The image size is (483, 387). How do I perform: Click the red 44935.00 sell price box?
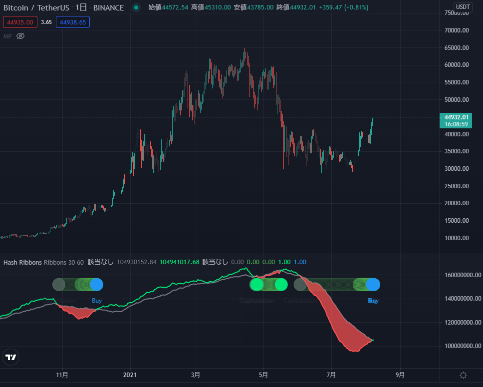(19, 22)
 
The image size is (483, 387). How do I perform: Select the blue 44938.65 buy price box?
(72, 22)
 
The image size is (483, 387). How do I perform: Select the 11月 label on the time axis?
(62, 375)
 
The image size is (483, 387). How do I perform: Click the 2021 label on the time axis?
(130, 375)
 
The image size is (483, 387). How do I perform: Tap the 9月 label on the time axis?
(400, 375)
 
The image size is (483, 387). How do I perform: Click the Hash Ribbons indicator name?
(22, 262)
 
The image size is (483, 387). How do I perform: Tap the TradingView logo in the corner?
(10, 358)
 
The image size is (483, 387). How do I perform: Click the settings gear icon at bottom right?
(463, 375)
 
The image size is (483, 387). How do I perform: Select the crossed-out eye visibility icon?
(20, 36)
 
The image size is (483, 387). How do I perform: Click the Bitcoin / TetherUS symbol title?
(37, 7)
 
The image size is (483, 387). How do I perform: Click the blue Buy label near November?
(97, 301)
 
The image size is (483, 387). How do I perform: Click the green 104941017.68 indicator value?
(179, 262)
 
